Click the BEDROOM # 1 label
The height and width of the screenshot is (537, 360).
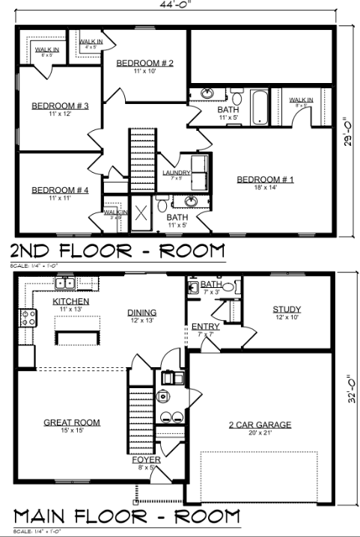(266, 179)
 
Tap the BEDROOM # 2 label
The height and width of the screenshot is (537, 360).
(145, 63)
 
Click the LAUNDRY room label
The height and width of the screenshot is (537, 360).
(177, 173)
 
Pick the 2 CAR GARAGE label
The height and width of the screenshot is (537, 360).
(260, 425)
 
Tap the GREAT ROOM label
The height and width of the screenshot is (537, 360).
(71, 423)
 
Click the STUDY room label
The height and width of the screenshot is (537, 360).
(286, 309)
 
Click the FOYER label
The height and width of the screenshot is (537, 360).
(147, 460)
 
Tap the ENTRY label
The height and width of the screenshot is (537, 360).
(205, 326)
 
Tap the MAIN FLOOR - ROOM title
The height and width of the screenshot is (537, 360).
(126, 516)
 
